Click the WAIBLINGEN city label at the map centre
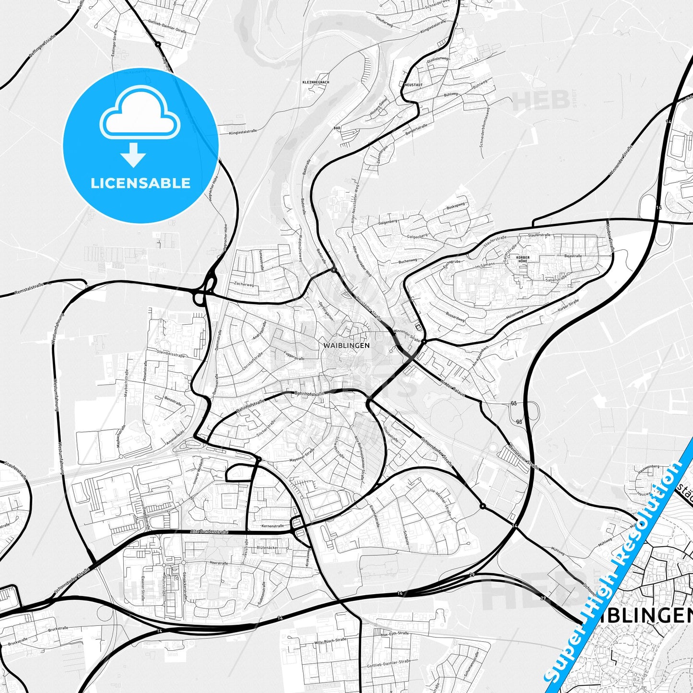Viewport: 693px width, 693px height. pyautogui.click(x=346, y=345)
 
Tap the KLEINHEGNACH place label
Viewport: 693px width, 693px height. pyautogui.click(x=316, y=82)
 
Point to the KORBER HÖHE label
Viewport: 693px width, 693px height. pyautogui.click(x=522, y=259)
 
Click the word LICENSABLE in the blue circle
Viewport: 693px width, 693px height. pyautogui.click(x=141, y=183)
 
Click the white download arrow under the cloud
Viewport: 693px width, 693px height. pyautogui.click(x=133, y=155)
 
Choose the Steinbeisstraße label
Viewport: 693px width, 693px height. pyautogui.click(x=171, y=354)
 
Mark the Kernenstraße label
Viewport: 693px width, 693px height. pyautogui.click(x=273, y=526)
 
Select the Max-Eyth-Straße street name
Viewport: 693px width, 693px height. pyautogui.click(x=395, y=634)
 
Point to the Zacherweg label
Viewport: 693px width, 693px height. pyautogui.click(x=244, y=284)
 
